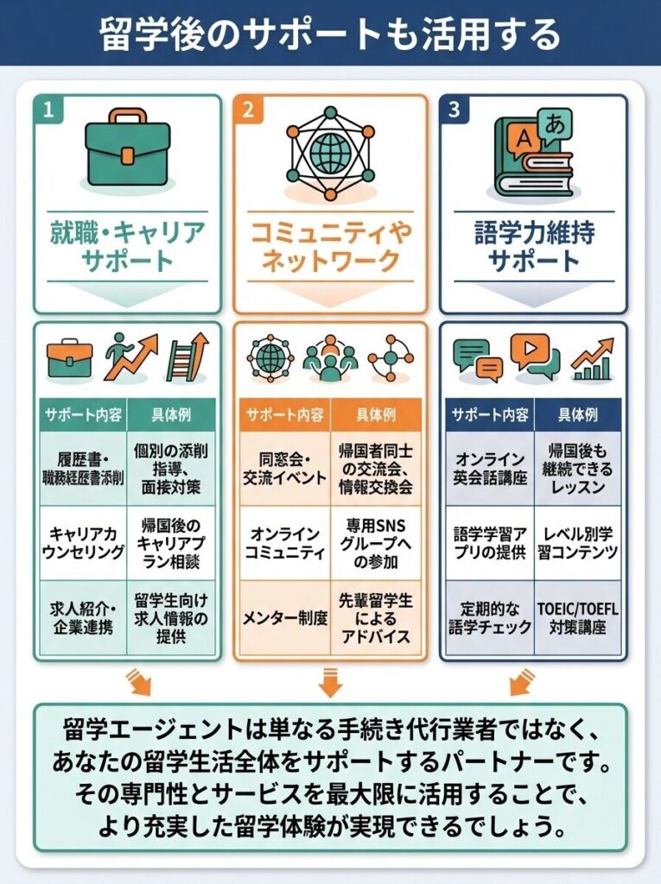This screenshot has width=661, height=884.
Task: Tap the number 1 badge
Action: click(x=48, y=110)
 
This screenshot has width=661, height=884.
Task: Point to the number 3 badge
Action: click(x=454, y=110)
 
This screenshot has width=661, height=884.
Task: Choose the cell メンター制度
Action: click(x=283, y=618)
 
